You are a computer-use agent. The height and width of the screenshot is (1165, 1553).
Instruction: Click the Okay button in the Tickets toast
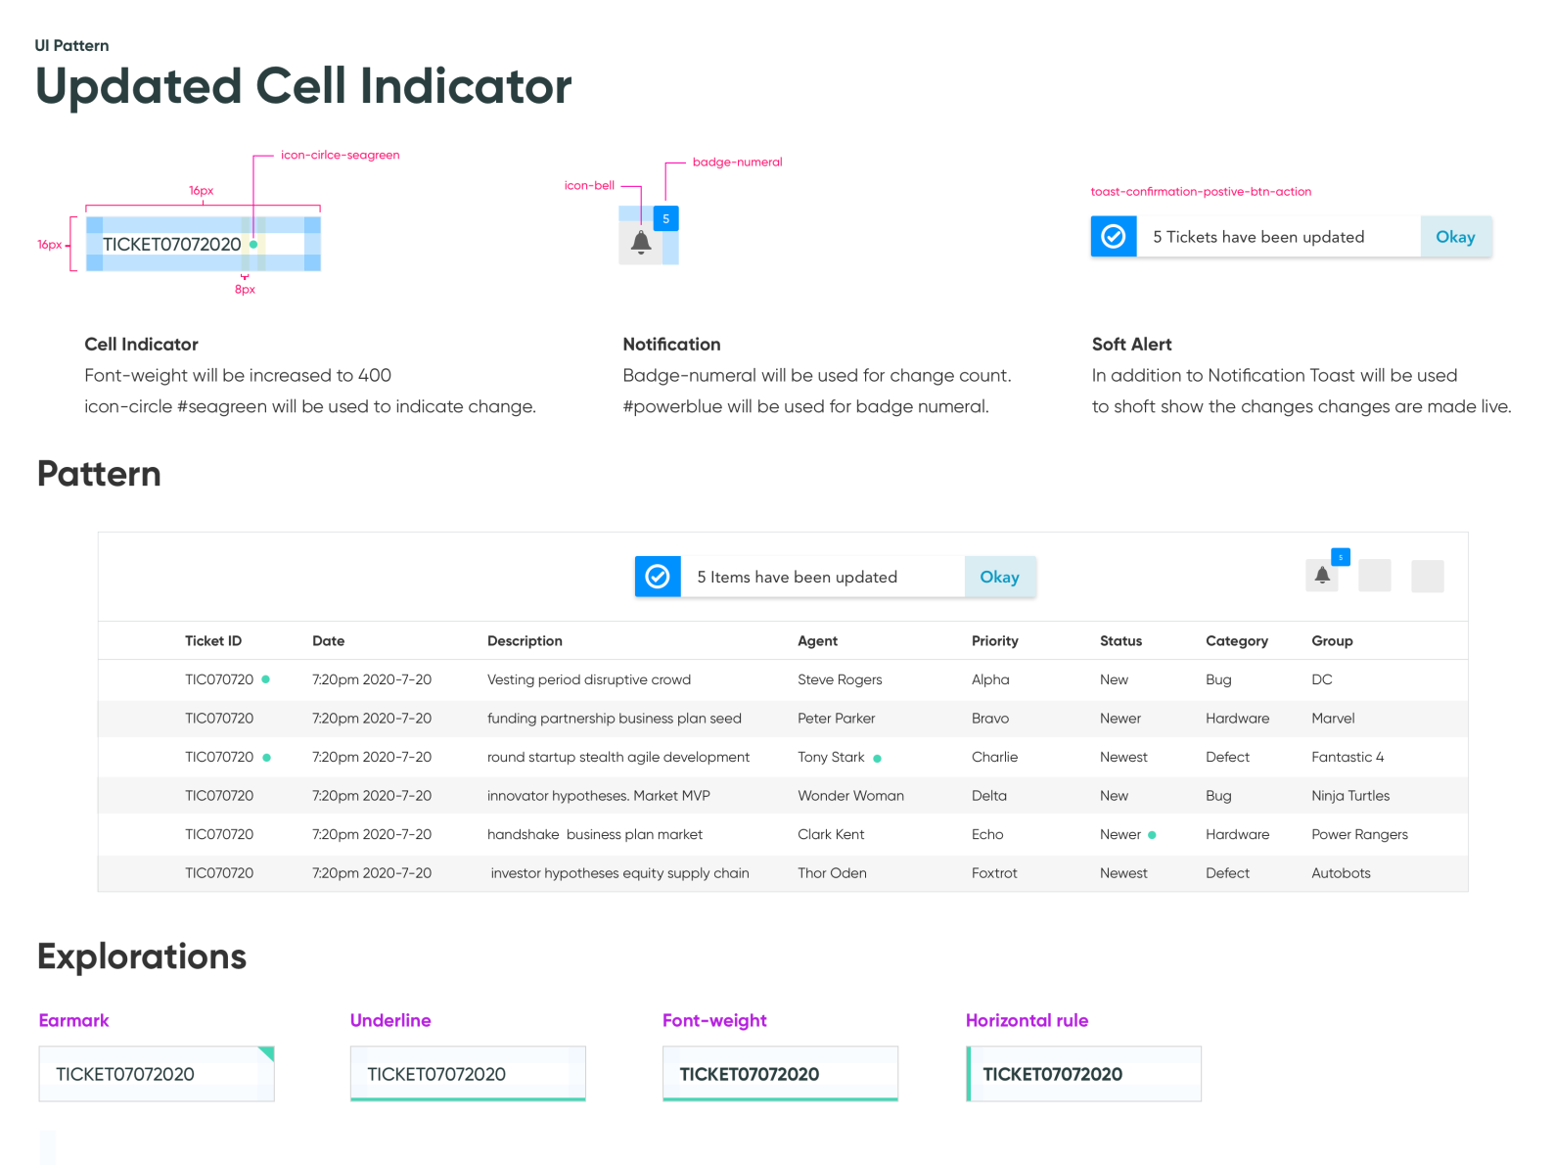pos(1455,237)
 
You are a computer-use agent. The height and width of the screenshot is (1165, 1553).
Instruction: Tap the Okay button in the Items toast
pos(999,578)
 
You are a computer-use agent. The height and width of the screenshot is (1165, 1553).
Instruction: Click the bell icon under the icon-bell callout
pos(641,243)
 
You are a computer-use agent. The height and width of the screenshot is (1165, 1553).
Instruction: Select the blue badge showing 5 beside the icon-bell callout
pos(666,219)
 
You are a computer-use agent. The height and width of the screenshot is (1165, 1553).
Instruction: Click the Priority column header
pos(994,641)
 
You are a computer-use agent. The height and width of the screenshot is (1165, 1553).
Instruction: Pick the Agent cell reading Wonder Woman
pos(850,796)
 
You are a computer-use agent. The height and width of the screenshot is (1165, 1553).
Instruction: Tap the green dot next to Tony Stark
pos(878,759)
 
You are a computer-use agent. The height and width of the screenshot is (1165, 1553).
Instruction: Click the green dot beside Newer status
pos(1153,835)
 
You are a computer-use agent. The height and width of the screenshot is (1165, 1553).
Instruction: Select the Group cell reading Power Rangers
pos(1359,835)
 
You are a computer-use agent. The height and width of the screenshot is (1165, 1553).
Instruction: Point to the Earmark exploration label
pos(73,1020)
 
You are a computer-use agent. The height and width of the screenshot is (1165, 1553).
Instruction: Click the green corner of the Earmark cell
pos(267,1052)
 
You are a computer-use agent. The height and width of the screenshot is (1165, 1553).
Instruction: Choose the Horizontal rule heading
pos(1027,1020)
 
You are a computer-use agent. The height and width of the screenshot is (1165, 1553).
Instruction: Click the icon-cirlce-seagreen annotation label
pos(340,155)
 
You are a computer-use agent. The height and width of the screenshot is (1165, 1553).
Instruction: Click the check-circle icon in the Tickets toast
pos(1114,237)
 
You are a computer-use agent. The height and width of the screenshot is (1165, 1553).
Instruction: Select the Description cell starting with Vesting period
pos(588,680)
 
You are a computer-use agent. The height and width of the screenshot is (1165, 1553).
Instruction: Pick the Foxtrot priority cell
pos(994,873)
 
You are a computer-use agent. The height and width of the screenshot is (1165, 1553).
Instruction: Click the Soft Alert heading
pos(1131,345)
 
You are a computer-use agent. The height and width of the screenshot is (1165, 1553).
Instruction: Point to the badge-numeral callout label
pos(737,163)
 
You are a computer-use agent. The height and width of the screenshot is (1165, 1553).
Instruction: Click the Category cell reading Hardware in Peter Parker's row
pos(1237,719)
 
